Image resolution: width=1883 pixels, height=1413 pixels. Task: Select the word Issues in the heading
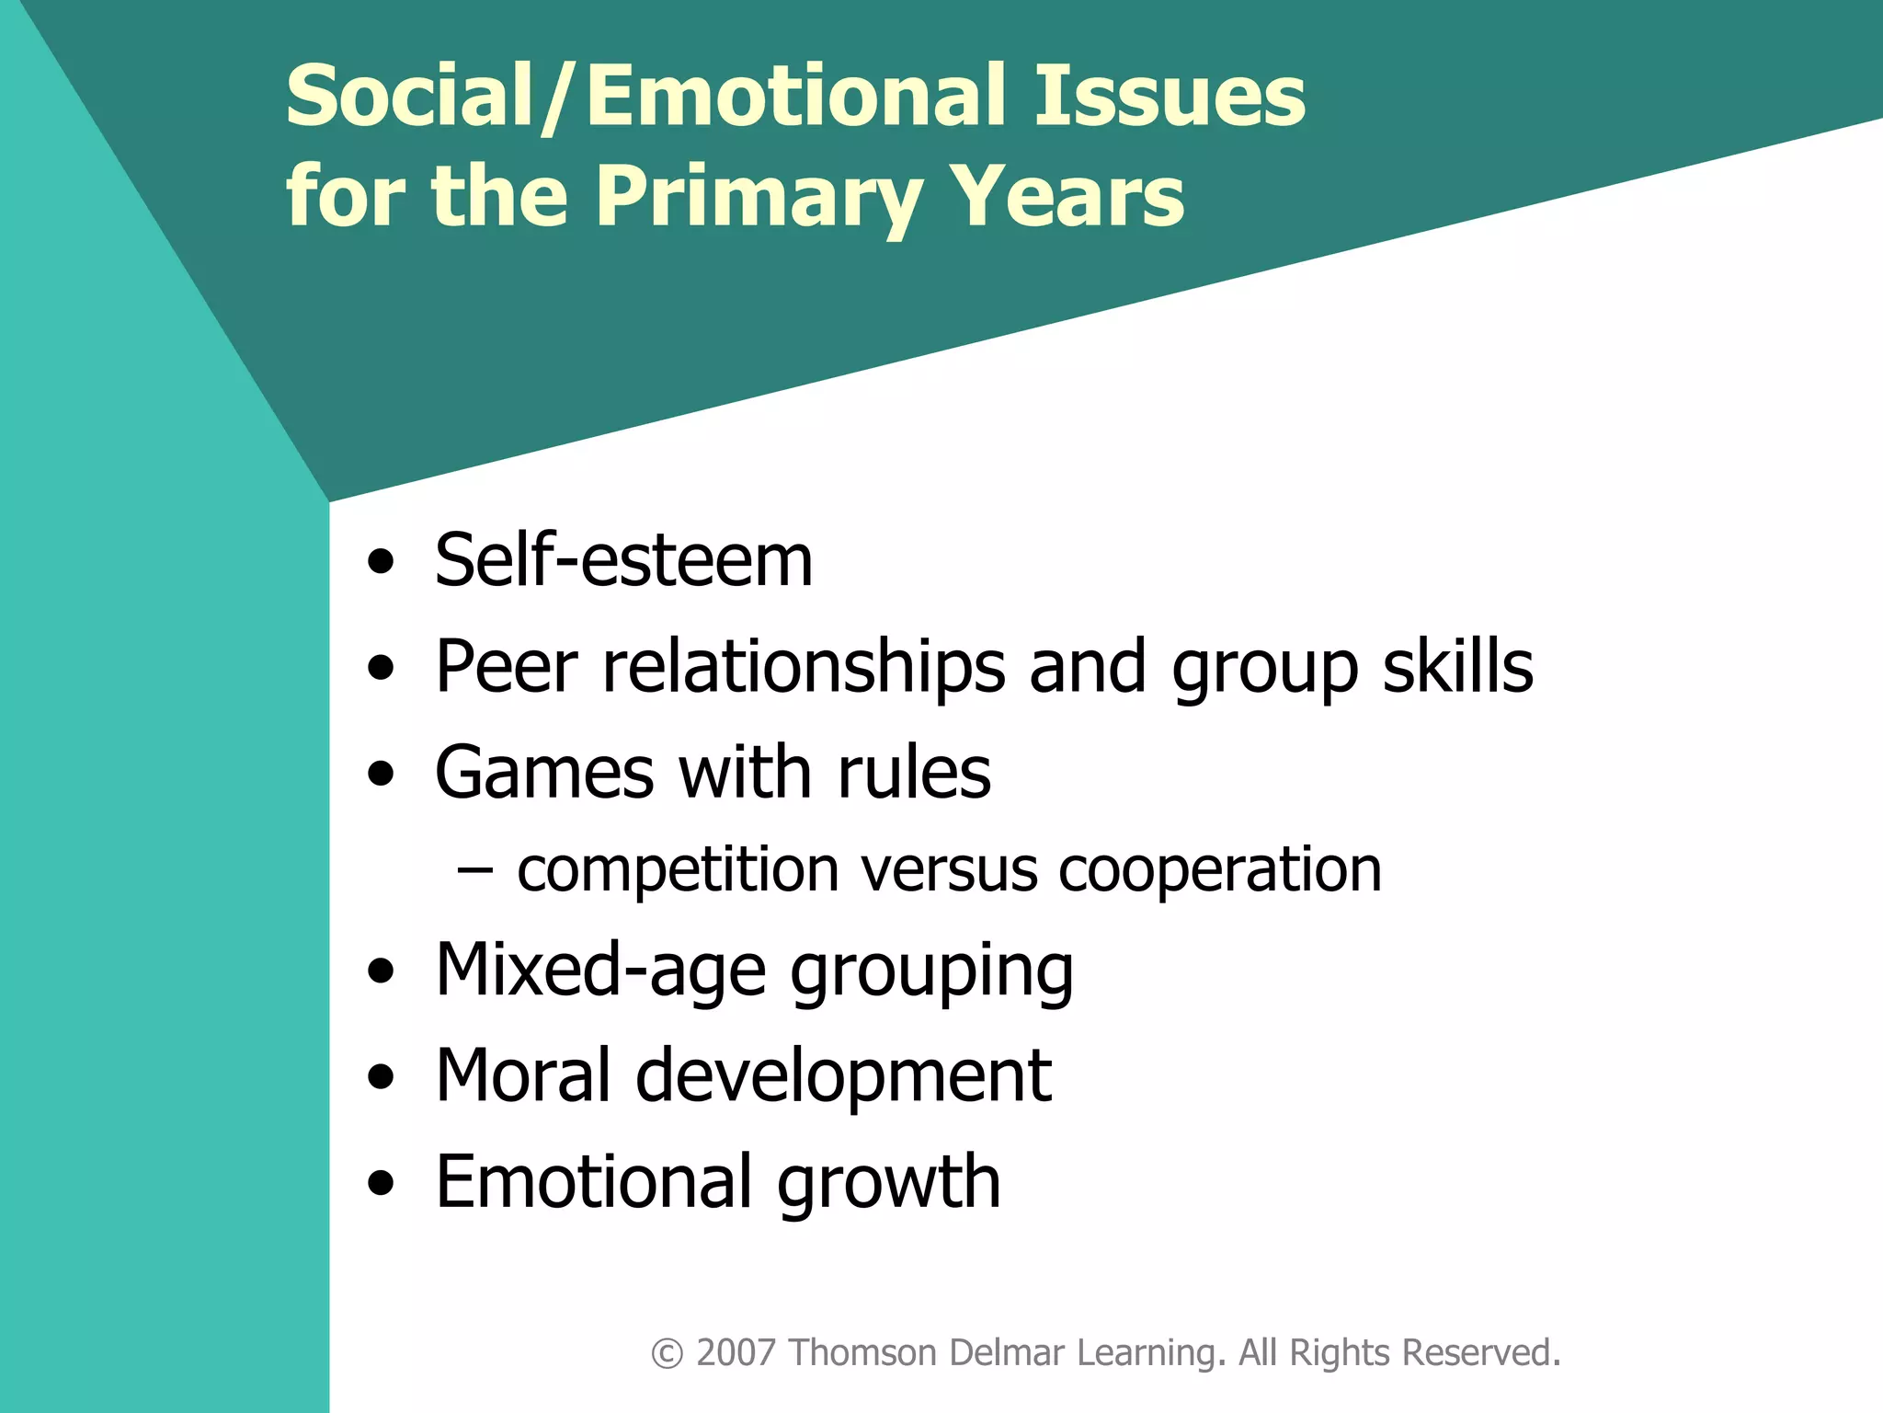coord(1169,96)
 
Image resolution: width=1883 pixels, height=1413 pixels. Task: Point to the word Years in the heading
coord(1067,197)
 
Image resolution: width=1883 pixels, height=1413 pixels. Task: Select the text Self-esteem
coord(623,560)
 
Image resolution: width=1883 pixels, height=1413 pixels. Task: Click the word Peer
coord(507,666)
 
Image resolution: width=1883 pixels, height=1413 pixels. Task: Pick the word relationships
coord(804,666)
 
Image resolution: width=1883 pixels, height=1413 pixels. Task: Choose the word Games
coord(544,772)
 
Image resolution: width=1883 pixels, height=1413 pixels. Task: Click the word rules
coord(914,772)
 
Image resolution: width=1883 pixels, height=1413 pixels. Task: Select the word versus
coord(949,870)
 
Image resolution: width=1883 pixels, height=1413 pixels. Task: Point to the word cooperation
coord(1220,870)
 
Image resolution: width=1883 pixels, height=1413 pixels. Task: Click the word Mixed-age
coord(600,971)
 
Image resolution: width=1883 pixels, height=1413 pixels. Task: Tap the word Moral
coord(523,1075)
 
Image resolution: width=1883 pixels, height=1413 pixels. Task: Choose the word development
coord(843,1077)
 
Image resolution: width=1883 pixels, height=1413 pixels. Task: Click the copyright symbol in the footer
coord(667,1354)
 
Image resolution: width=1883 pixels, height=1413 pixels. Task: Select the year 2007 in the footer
coord(736,1353)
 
